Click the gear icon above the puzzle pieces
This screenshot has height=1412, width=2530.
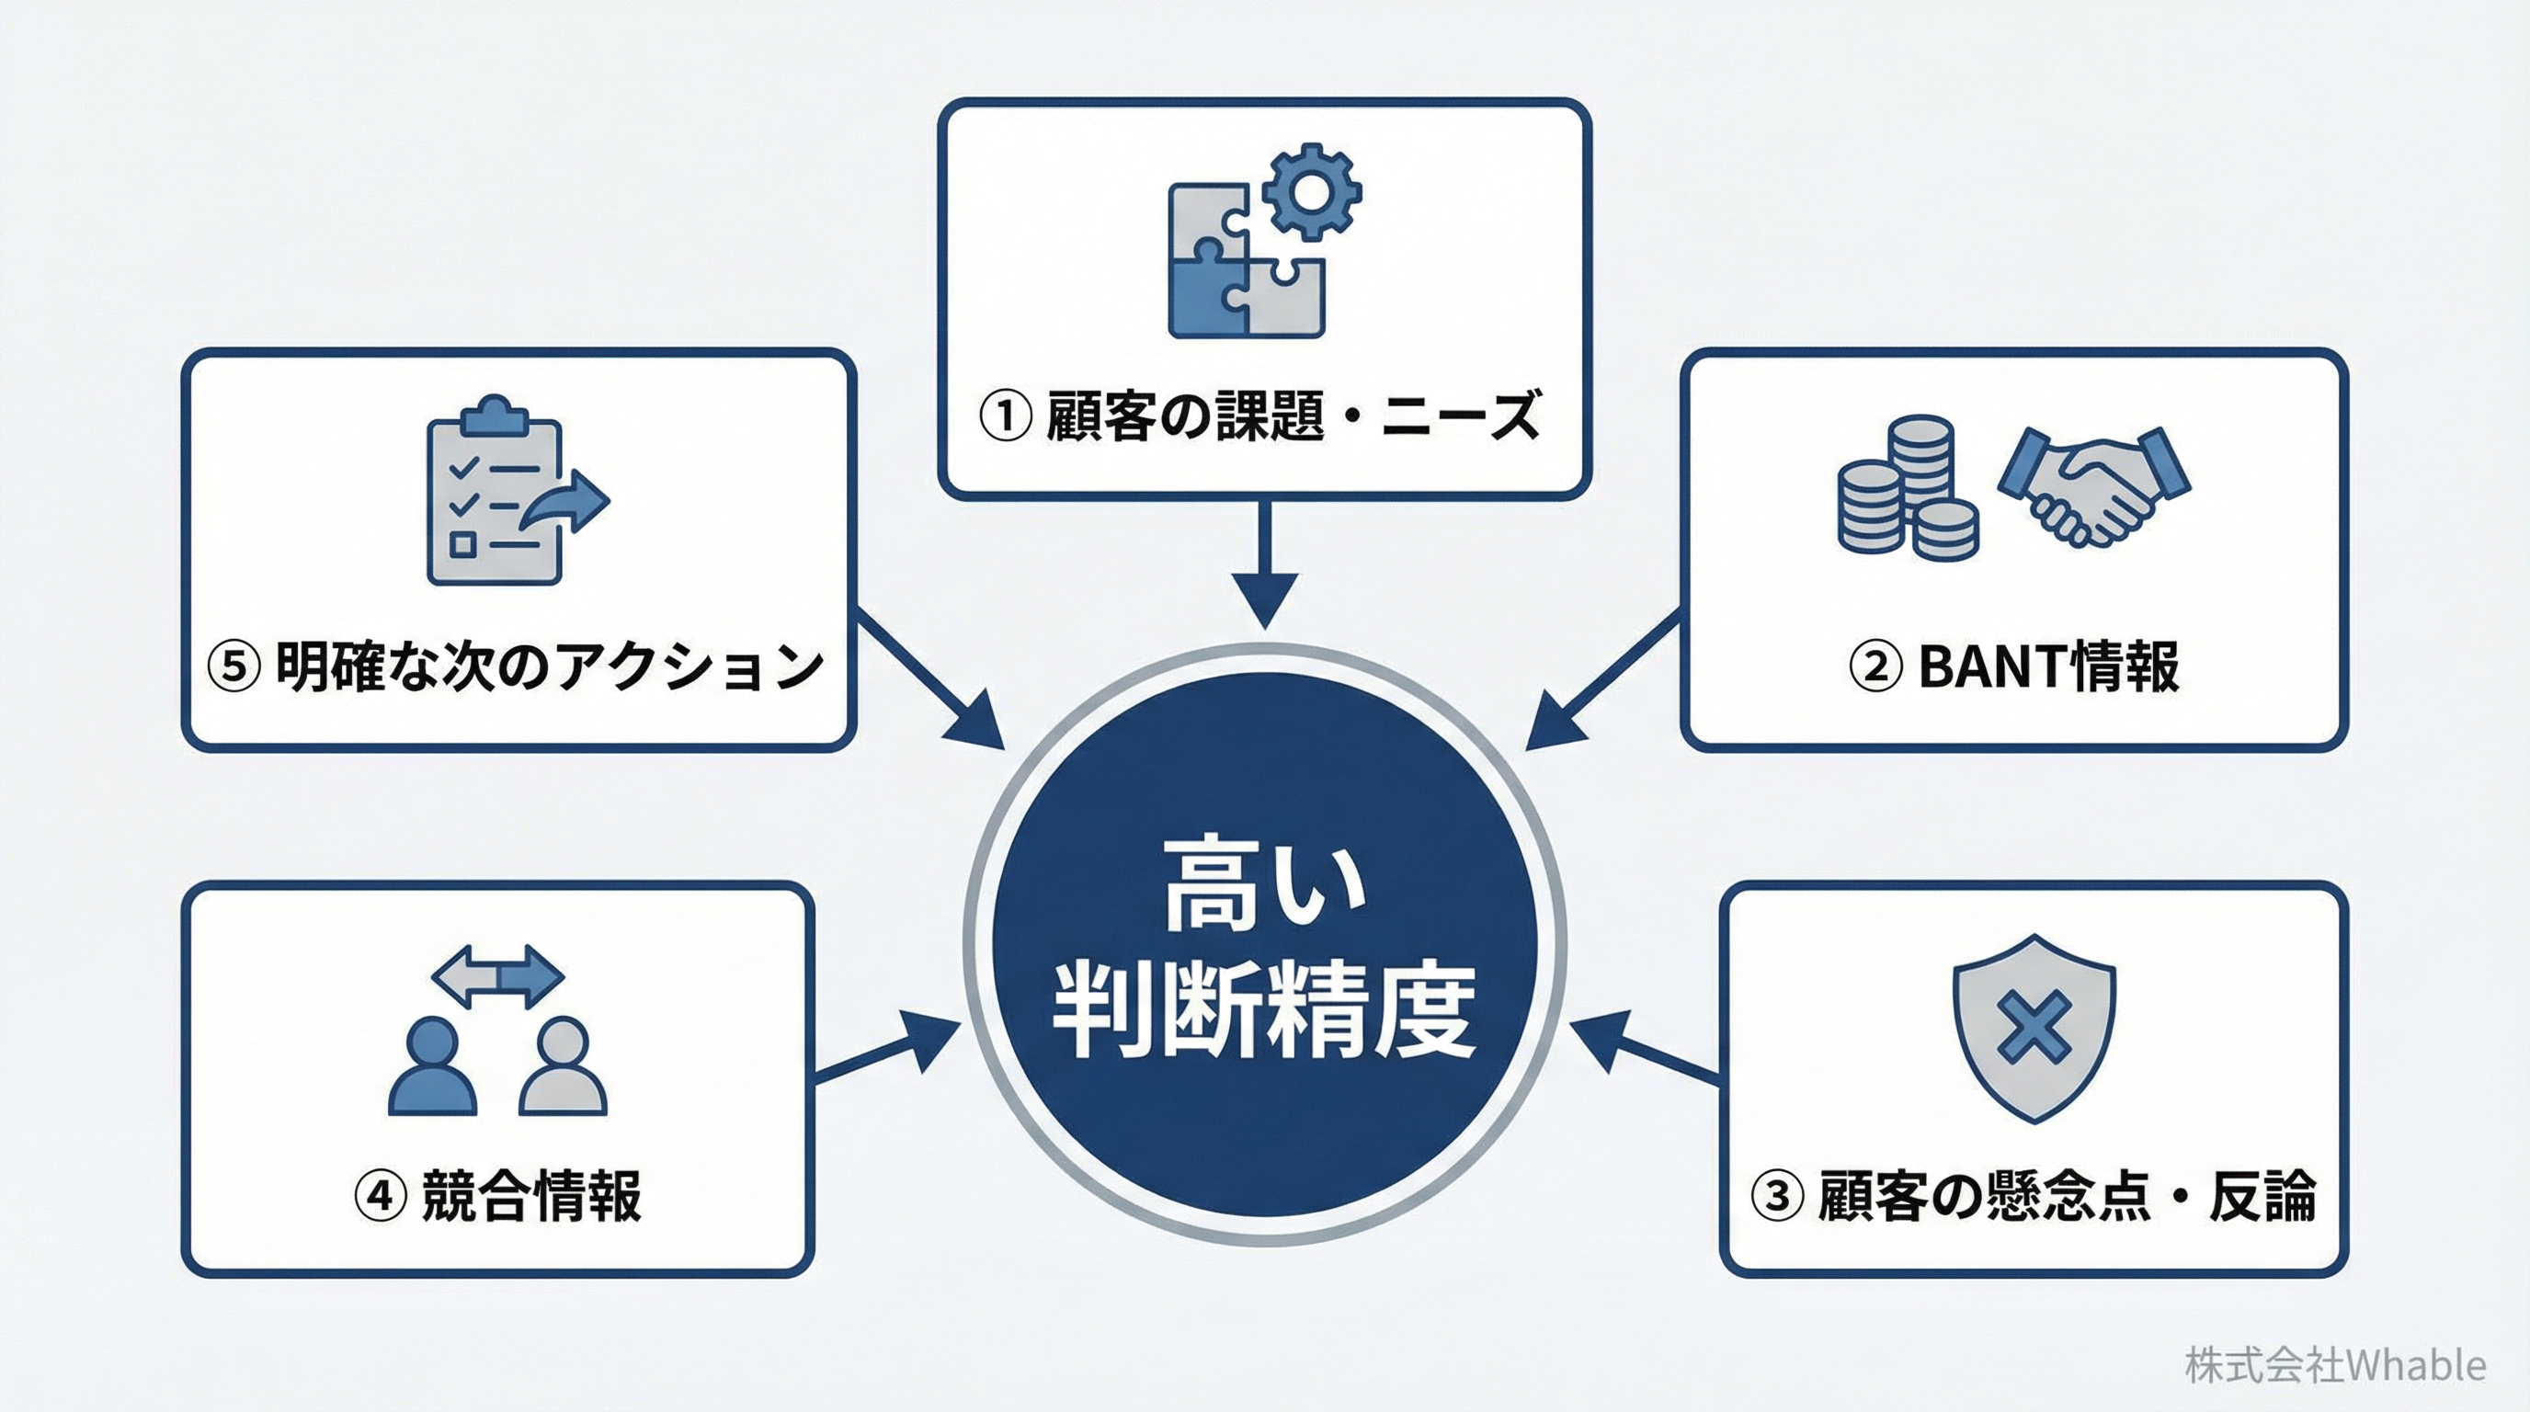(1311, 192)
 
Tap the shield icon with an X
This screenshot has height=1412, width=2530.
(2033, 1027)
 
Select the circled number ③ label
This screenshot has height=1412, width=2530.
(1778, 1195)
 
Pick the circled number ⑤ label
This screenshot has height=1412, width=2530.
(234, 666)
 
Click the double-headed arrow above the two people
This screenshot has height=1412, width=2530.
(498, 976)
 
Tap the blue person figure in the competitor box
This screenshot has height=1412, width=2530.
(433, 1066)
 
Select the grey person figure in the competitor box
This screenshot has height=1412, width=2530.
(563, 1066)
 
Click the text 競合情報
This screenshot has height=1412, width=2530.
(530, 1195)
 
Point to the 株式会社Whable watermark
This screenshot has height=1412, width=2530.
(2334, 1365)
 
